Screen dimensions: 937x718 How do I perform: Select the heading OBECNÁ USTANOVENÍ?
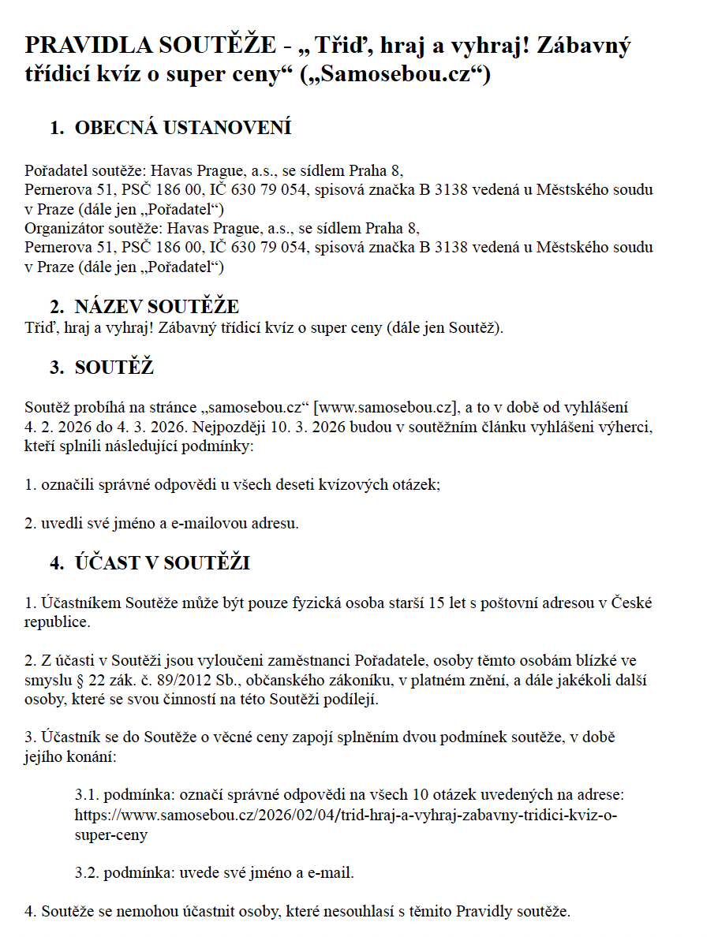pos(182,128)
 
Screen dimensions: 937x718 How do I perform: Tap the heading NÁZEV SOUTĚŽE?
pos(156,307)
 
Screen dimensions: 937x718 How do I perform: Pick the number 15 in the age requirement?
pos(436,603)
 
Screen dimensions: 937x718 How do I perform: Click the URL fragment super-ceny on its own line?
pos(110,834)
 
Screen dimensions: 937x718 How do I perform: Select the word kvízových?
pos(351,484)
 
